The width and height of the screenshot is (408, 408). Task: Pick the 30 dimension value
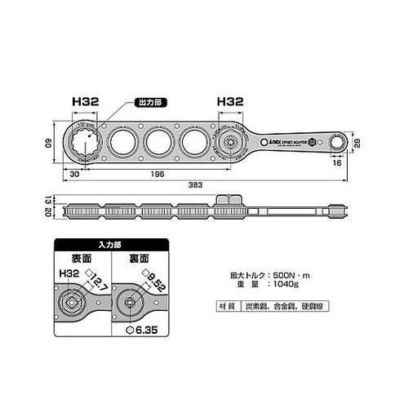[x=73, y=173]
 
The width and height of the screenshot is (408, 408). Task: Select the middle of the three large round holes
[x=157, y=143]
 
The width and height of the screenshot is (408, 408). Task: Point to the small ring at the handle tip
[x=336, y=142]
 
